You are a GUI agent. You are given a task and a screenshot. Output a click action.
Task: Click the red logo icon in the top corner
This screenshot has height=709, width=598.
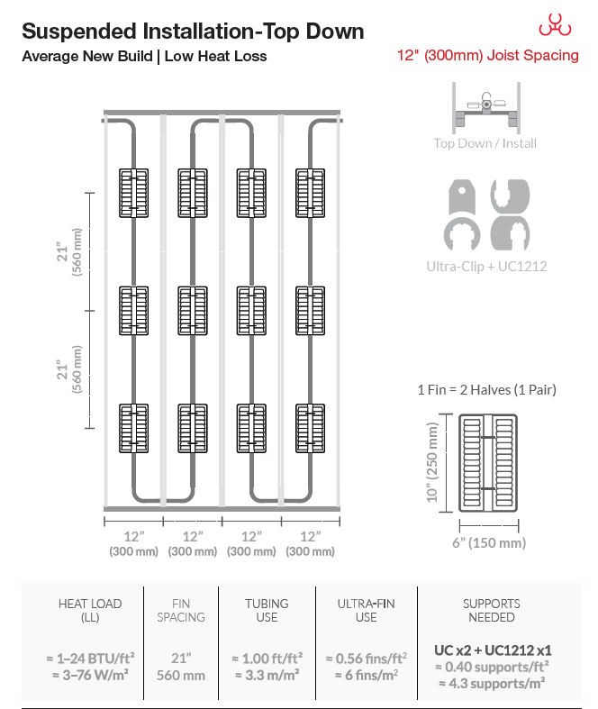point(555,24)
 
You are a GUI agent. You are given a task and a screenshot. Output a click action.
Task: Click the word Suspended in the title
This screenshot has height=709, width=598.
point(79,32)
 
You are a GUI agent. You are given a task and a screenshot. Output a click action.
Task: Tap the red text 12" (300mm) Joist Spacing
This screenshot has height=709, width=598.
point(488,55)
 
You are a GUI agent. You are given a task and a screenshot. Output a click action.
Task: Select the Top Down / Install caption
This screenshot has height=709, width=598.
point(485,143)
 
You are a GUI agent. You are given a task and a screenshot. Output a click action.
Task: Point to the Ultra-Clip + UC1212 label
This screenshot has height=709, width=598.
point(486,267)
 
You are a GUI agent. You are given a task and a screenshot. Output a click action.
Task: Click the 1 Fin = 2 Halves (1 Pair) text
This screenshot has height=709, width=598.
point(487,390)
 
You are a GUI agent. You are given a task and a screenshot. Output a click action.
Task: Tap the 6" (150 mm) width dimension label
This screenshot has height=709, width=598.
point(489,542)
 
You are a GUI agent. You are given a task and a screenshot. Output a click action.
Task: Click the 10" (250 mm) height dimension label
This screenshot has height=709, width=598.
point(432,462)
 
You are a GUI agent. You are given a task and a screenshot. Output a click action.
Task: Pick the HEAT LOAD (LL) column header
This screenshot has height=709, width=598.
point(90,611)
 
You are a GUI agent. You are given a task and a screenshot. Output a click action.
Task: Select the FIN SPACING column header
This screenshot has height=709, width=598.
point(181,611)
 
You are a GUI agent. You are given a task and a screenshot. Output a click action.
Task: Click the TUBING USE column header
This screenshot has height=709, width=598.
point(267,611)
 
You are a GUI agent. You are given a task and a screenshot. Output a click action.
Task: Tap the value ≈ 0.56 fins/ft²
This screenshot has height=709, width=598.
point(367,659)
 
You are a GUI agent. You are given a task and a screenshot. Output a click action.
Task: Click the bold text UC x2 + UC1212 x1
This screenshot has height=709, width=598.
point(493,650)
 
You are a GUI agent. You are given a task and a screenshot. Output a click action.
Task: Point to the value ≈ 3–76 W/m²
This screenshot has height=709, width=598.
point(90,675)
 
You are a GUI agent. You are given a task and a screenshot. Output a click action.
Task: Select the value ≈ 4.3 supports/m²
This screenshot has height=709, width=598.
point(492,683)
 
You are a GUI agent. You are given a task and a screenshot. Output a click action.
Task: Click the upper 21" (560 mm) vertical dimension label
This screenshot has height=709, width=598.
point(69,252)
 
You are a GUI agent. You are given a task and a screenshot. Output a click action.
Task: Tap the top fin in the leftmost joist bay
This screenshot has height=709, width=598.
point(134,193)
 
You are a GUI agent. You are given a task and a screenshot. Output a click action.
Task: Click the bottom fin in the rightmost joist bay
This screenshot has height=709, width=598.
point(310,428)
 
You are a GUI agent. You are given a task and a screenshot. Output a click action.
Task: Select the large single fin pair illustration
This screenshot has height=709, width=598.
point(488,463)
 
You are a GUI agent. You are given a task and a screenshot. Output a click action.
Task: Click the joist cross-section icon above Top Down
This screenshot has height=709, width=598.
point(486,107)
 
